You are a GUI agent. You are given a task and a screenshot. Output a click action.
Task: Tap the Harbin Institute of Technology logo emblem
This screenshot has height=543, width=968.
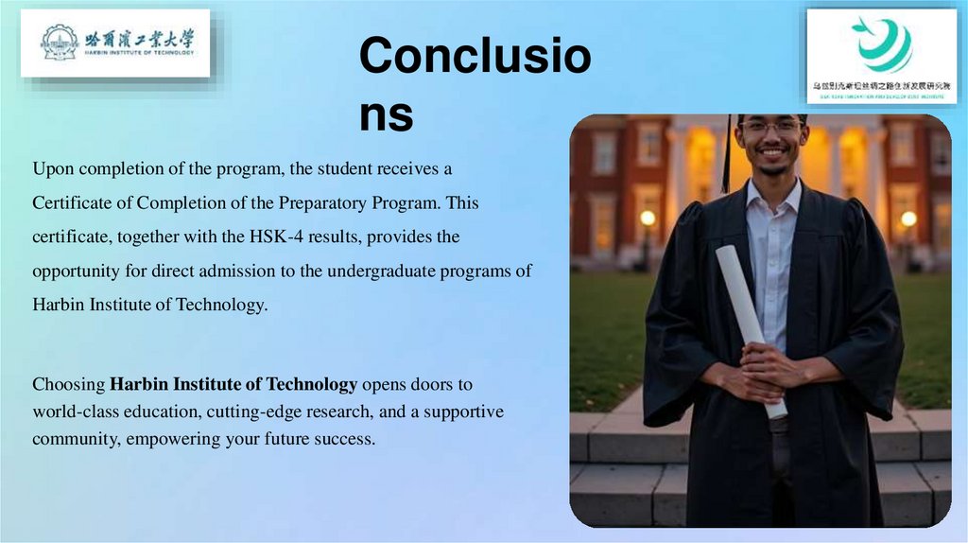pos(59,42)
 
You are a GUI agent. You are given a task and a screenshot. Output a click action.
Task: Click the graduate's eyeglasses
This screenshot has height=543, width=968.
pos(770,127)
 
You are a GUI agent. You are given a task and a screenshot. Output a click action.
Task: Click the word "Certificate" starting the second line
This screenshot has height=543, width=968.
pos(70,203)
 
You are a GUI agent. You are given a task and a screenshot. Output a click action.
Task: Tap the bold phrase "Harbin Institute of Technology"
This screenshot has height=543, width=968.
pos(233,384)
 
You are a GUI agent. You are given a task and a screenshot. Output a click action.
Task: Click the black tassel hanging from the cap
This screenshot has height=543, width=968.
pos(727,156)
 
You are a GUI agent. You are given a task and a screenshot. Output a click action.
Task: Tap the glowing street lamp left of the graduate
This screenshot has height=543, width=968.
pos(648,219)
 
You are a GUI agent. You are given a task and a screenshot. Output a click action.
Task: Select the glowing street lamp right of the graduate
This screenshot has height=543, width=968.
pos(908,219)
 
